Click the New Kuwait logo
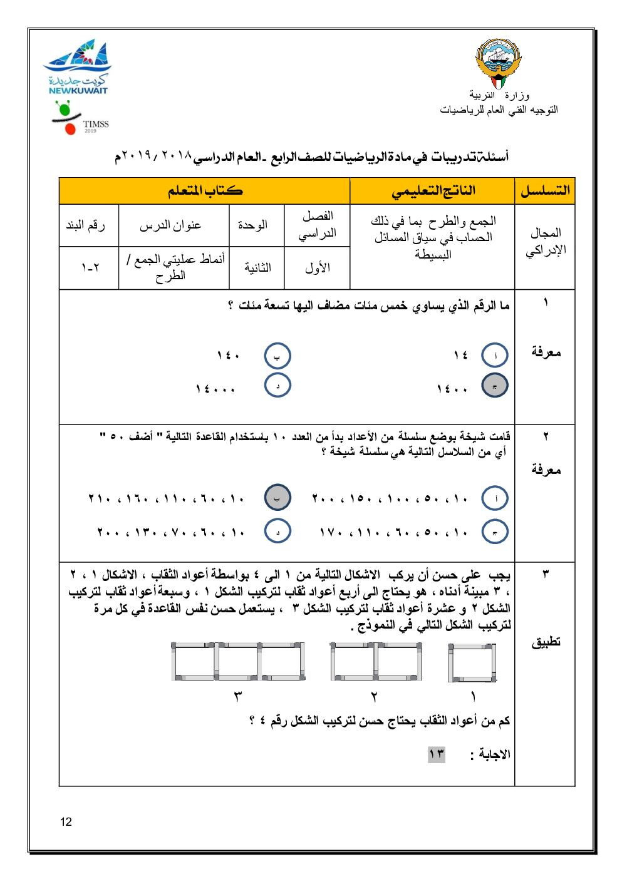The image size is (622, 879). coord(78,67)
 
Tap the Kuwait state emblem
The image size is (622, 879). coord(499,63)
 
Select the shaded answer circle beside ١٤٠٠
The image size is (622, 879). coord(495,386)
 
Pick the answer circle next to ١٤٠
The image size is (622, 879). coord(277,356)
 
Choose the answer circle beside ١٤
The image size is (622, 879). coord(495,356)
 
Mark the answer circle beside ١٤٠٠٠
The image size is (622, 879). coord(277,386)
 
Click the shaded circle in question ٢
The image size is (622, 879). coord(277,498)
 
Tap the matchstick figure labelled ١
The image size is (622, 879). coord(472,662)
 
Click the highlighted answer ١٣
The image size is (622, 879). coord(437,754)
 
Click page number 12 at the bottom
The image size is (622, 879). coord(66,822)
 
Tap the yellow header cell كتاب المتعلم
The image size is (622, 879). coord(205,191)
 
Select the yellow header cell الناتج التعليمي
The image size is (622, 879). coord(433,191)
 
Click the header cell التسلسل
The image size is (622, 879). coord(545,191)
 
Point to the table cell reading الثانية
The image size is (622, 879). coord(257,268)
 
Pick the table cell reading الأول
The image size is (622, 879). coord(317,268)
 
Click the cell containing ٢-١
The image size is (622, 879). coord(90,268)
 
